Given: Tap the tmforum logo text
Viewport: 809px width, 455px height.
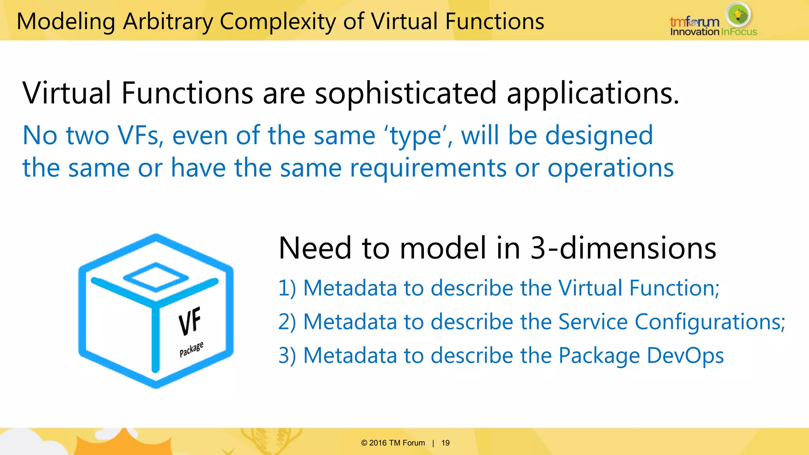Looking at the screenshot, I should tap(694, 22).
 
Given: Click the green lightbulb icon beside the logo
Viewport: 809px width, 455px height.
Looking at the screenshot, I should tap(738, 15).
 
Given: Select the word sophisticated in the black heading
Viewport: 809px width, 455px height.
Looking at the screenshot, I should tap(405, 93).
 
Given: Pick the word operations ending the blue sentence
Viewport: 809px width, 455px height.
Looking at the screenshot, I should tap(610, 168).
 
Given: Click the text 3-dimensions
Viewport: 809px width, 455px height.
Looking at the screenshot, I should tap(623, 248).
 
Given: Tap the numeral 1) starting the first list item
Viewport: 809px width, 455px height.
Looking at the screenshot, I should tap(287, 288).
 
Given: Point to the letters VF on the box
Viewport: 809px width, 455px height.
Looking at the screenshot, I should tap(190, 321).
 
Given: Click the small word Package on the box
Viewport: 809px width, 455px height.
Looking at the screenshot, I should tap(191, 349).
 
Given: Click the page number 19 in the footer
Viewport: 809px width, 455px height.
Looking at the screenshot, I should tap(446, 443).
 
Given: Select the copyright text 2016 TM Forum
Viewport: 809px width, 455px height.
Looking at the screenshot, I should tap(397, 443).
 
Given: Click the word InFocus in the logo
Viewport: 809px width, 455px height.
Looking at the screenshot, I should tap(739, 32).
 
